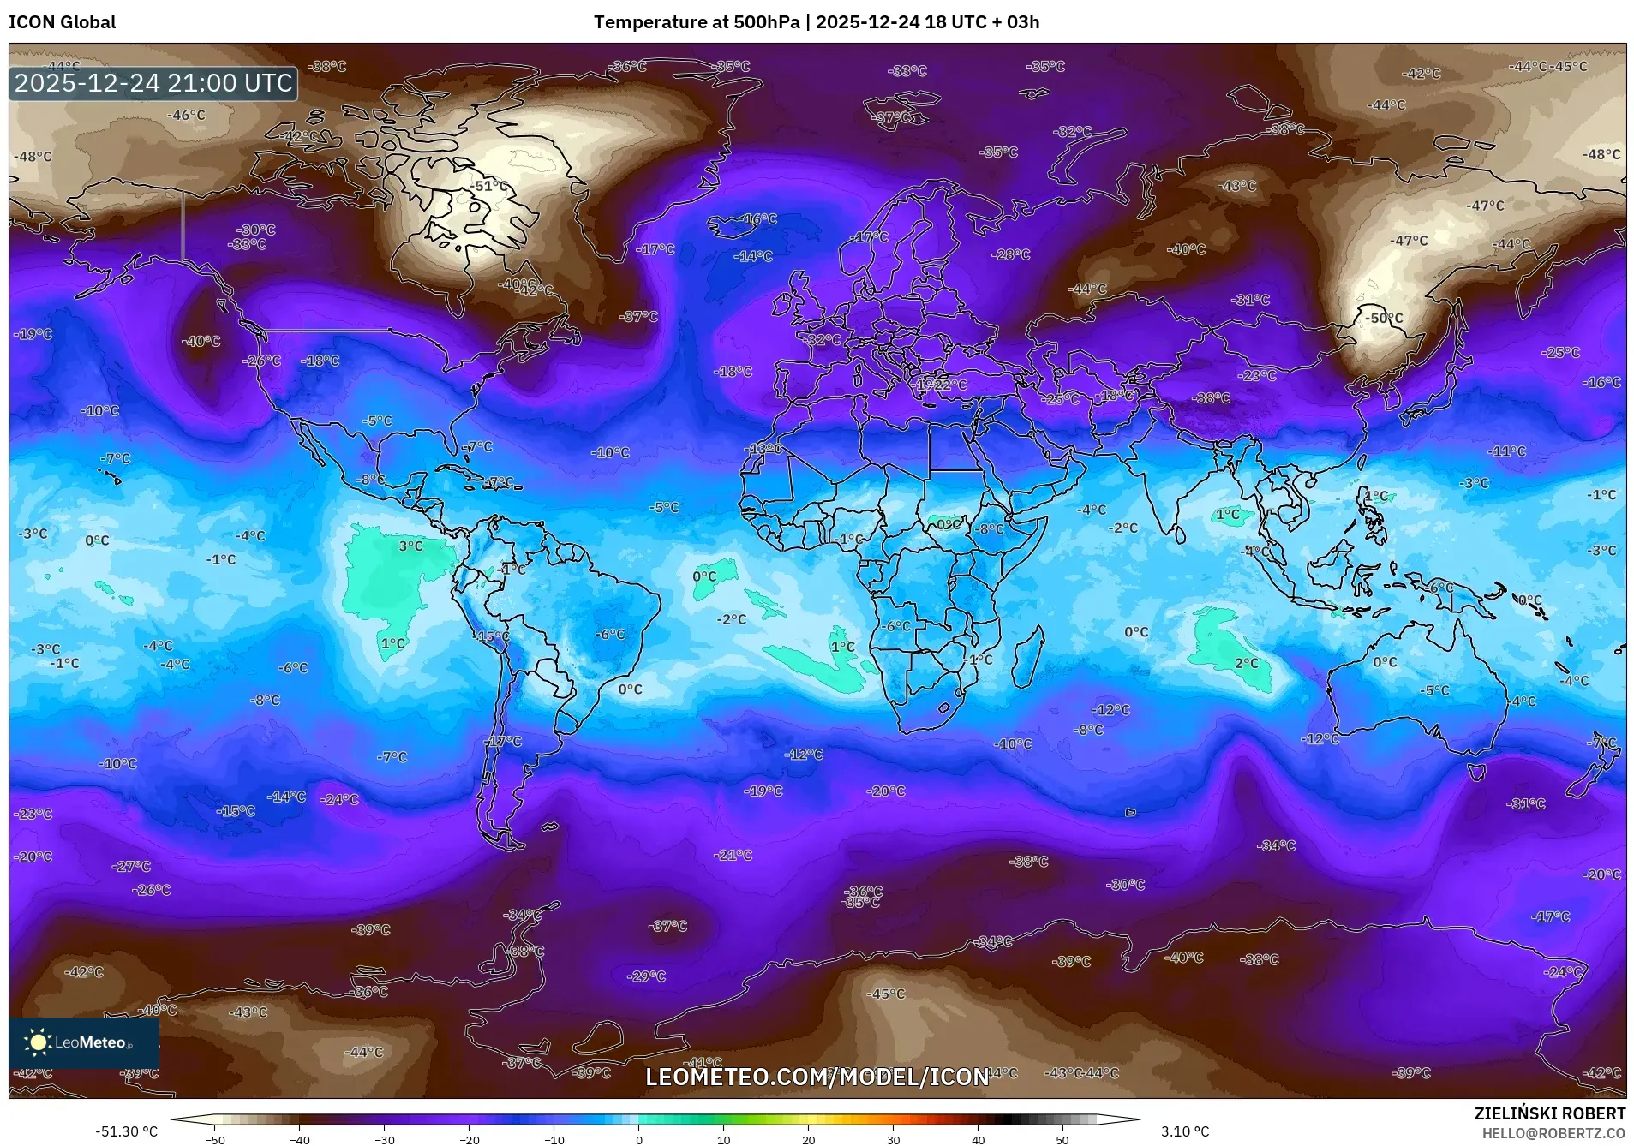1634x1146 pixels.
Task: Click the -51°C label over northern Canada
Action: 489,186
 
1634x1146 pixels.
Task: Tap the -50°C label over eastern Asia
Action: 1384,318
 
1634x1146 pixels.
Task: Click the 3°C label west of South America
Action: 410,546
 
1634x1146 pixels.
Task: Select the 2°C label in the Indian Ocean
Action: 1247,663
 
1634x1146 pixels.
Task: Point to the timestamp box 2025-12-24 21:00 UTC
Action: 153,83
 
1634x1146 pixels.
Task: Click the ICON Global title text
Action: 62,21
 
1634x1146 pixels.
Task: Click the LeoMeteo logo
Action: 84,1042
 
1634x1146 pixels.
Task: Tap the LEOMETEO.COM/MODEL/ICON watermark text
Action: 817,1077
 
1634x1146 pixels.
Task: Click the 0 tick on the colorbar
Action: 639,1140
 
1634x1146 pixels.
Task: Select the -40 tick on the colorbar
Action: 299,1140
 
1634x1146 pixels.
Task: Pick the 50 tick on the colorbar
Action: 1062,1140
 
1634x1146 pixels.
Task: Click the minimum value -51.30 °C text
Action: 126,1131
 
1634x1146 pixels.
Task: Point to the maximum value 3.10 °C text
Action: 1185,1131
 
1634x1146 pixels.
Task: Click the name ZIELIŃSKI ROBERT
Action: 1549,1113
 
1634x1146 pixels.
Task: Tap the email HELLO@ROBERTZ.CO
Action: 1553,1132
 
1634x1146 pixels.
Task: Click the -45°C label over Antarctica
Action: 886,994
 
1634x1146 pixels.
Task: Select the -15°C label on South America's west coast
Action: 492,636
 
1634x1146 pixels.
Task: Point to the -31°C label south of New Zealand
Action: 1526,803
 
